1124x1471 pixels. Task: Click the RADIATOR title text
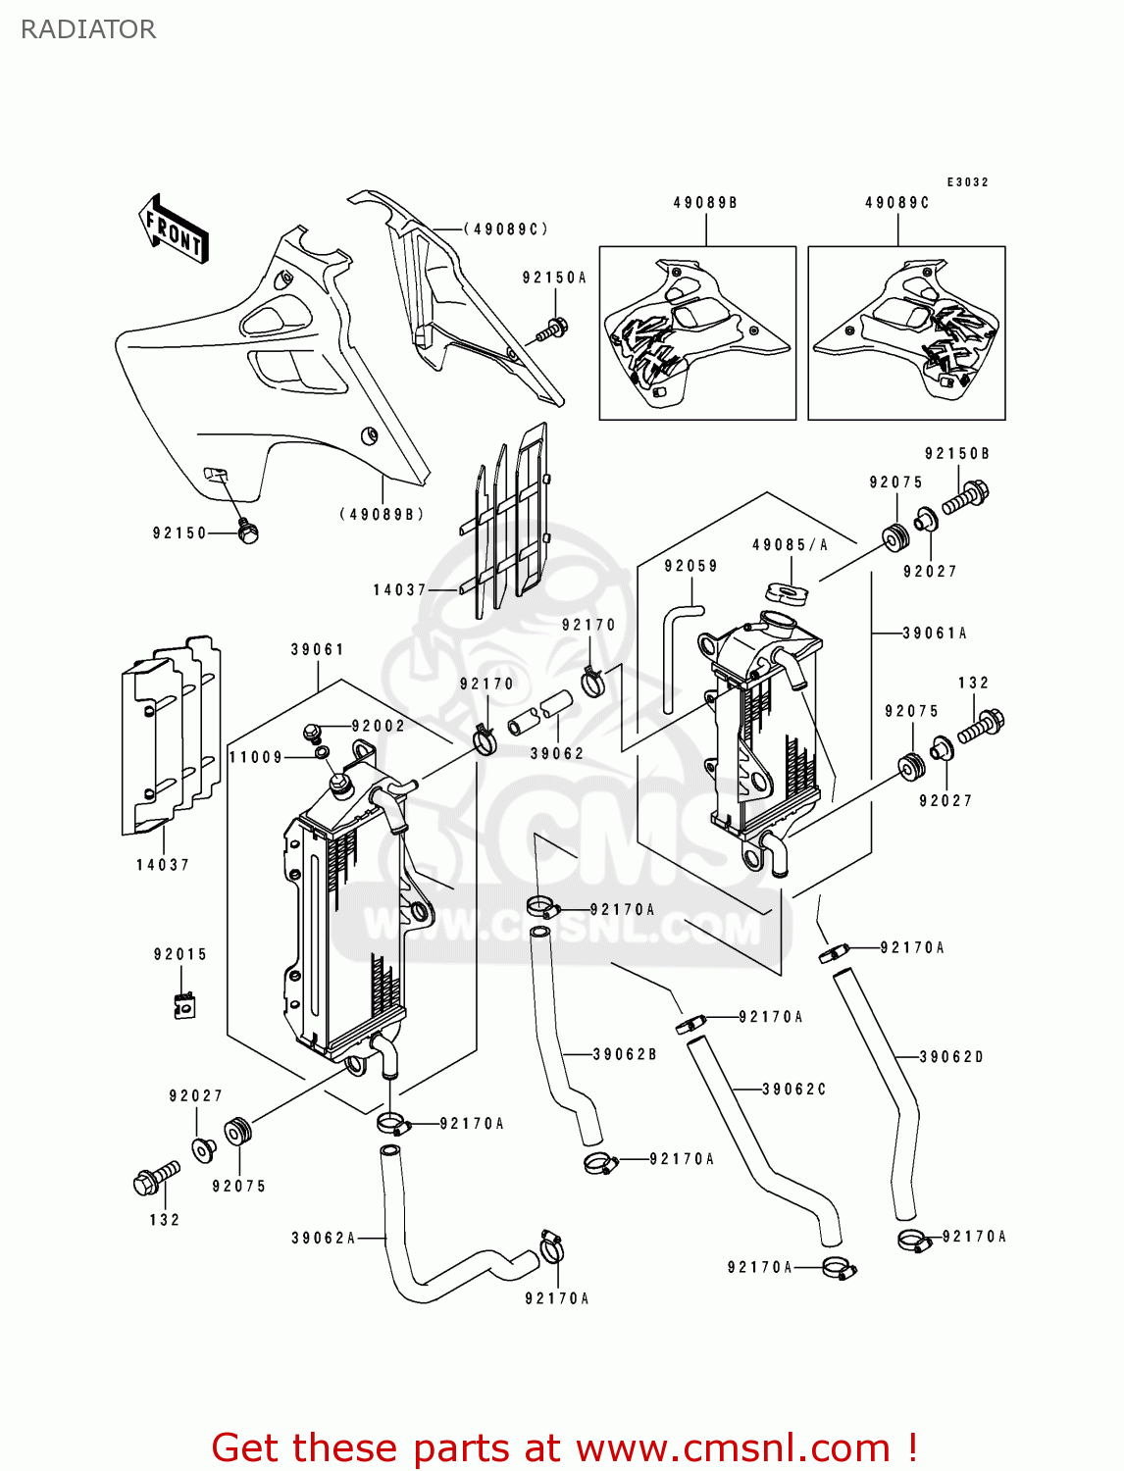[x=88, y=29]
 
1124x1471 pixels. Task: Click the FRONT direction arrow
[x=174, y=230]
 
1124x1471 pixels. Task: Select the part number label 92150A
[x=554, y=278]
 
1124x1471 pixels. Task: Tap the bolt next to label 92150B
[x=966, y=496]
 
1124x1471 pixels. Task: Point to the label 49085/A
[x=790, y=545]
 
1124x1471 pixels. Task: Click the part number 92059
[x=690, y=566]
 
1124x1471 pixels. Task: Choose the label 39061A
[x=935, y=634]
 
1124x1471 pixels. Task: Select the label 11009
[x=256, y=757]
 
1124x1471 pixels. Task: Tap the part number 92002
[x=378, y=726]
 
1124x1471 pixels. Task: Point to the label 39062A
[x=323, y=1238]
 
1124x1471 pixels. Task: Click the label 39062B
[x=625, y=1054]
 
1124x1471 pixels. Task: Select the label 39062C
[x=794, y=1089]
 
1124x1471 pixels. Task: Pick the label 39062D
[x=951, y=1056]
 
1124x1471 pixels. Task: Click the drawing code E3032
[x=967, y=182]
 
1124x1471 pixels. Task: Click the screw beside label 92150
[x=247, y=533]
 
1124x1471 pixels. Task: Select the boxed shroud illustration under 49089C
[x=906, y=332]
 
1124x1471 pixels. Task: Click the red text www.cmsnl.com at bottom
[x=732, y=1447]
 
